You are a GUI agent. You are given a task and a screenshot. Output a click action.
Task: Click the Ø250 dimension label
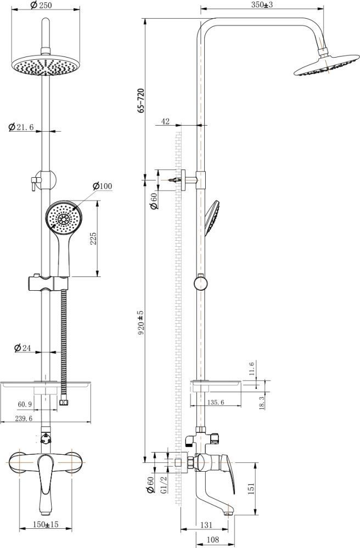coord(41,5)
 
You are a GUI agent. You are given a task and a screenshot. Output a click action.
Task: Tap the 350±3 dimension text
coord(262,4)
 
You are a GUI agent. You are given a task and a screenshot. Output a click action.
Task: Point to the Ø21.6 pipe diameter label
coord(21,127)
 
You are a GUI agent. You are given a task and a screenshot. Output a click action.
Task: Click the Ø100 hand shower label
coord(103,186)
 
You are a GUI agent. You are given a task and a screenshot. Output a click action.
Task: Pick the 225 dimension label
coord(93,239)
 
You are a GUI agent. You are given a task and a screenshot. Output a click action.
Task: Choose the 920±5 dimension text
coord(141,323)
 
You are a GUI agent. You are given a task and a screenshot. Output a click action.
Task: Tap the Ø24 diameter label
coord(22,348)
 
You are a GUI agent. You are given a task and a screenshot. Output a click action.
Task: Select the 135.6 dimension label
coord(216,402)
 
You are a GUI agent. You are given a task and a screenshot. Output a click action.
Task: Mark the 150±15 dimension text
coord(46,524)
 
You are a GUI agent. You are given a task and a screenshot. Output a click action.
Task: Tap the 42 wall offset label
coord(165,121)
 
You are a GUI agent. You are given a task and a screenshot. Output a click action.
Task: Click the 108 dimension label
coord(212,540)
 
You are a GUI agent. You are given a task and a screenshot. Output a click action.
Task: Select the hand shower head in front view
coord(63,218)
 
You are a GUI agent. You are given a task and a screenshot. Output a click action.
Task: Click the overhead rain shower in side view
coord(326,65)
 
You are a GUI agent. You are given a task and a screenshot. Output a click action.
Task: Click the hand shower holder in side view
coord(201,283)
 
